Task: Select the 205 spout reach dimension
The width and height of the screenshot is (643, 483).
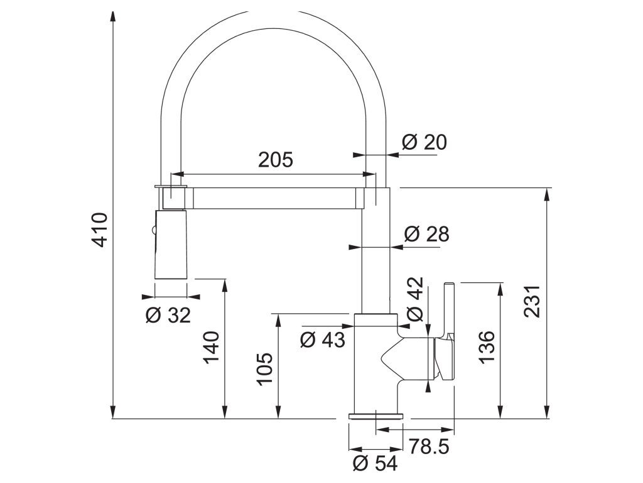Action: (276, 159)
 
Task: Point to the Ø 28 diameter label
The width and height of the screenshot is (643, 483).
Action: (427, 234)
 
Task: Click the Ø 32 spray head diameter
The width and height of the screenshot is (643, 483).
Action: (168, 316)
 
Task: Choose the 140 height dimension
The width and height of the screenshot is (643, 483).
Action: (212, 347)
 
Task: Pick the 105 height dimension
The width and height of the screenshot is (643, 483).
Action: (265, 369)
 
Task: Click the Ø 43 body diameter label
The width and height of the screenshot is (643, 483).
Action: (322, 340)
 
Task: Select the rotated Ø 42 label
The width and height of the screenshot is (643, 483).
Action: (415, 299)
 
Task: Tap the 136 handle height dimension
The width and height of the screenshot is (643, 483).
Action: (487, 347)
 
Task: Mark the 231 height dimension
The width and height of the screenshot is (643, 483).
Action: (532, 301)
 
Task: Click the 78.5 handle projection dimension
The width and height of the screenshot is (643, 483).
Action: (429, 447)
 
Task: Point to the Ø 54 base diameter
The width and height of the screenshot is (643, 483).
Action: (376, 464)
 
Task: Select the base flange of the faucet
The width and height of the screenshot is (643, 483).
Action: (376, 416)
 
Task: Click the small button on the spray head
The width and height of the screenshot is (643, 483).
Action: (153, 231)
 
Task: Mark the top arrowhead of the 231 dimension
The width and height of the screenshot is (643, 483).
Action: (547, 194)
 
